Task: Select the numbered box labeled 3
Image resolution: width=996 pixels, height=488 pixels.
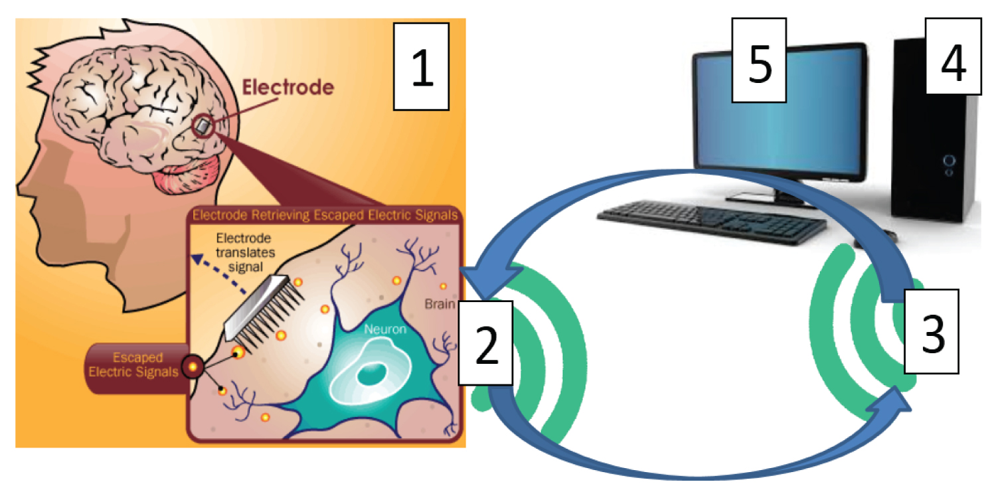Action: click(932, 331)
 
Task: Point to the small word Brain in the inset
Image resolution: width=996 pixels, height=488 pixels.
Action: click(439, 306)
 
